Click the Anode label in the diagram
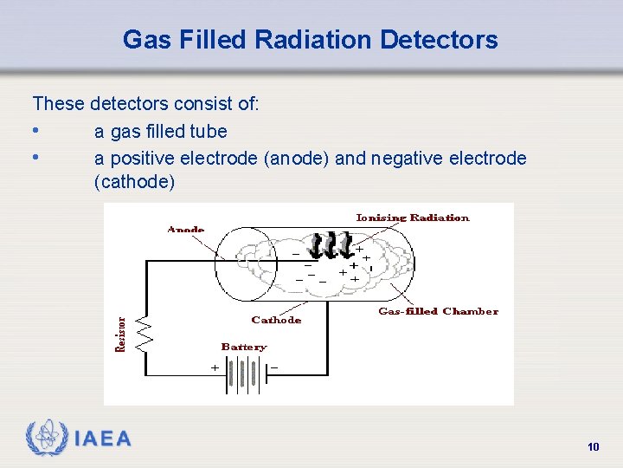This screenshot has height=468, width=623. [x=185, y=230]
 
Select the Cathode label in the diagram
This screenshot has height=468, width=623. [x=276, y=320]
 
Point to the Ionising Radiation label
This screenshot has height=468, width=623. [x=413, y=218]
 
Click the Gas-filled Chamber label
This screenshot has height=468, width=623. [x=438, y=311]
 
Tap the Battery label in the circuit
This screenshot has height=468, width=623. [x=244, y=347]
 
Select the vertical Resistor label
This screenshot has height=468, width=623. [x=122, y=334]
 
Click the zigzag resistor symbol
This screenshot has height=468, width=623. [x=145, y=334]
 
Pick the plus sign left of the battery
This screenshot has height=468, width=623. [x=215, y=367]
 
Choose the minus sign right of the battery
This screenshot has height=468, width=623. [x=274, y=367]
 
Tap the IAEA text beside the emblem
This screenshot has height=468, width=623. [x=103, y=439]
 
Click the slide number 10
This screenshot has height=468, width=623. [x=593, y=447]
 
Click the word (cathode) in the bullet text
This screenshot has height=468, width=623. [x=134, y=182]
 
